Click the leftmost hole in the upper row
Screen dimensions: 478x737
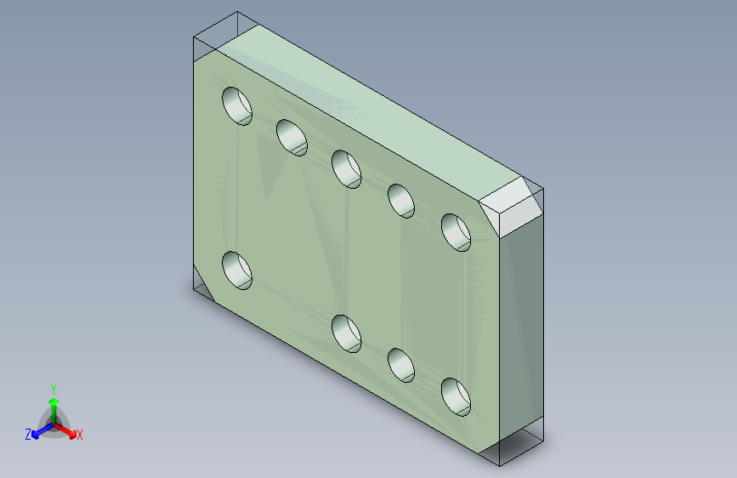click(238, 105)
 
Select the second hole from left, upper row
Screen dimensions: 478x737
click(292, 137)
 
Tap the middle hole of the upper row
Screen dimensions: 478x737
click(347, 168)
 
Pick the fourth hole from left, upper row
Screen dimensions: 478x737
click(401, 201)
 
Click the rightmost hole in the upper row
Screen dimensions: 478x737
click(456, 232)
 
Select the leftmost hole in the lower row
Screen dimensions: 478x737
click(238, 270)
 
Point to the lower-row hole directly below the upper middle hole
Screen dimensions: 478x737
click(347, 333)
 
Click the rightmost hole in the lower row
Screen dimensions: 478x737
click(456, 396)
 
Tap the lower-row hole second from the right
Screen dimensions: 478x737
click(401, 364)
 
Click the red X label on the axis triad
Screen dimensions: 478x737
click(80, 435)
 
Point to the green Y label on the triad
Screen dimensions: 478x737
click(54, 387)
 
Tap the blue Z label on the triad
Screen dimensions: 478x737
click(28, 435)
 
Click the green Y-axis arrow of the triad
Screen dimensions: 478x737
click(54, 404)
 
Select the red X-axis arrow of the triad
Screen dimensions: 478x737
click(68, 430)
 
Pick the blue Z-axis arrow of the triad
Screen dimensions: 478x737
click(39, 431)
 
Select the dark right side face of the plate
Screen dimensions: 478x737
click(520, 332)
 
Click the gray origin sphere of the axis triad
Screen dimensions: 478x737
click(54, 422)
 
